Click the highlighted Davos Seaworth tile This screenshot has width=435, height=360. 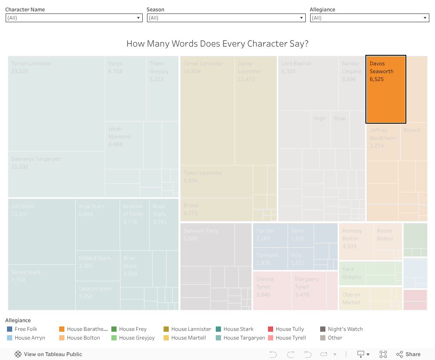coord(386,89)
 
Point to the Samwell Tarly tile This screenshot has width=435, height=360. coord(207,244)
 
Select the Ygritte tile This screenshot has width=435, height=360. coord(270,236)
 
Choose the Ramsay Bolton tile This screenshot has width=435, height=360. coord(356,242)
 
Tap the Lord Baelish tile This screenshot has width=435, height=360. coord(308,83)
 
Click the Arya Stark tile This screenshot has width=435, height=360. coord(97,224)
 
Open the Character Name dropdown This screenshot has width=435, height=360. coord(74,18)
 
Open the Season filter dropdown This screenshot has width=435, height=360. coord(226,18)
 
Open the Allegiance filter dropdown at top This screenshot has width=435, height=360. coord(370,18)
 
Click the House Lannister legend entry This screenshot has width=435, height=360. coord(191,329)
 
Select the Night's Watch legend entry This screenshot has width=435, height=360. coord(345,329)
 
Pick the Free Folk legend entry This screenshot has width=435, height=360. coord(26,329)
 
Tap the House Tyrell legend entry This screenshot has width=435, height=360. coord(291,338)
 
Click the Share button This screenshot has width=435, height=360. coord(408,354)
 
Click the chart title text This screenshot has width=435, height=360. coord(217,44)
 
